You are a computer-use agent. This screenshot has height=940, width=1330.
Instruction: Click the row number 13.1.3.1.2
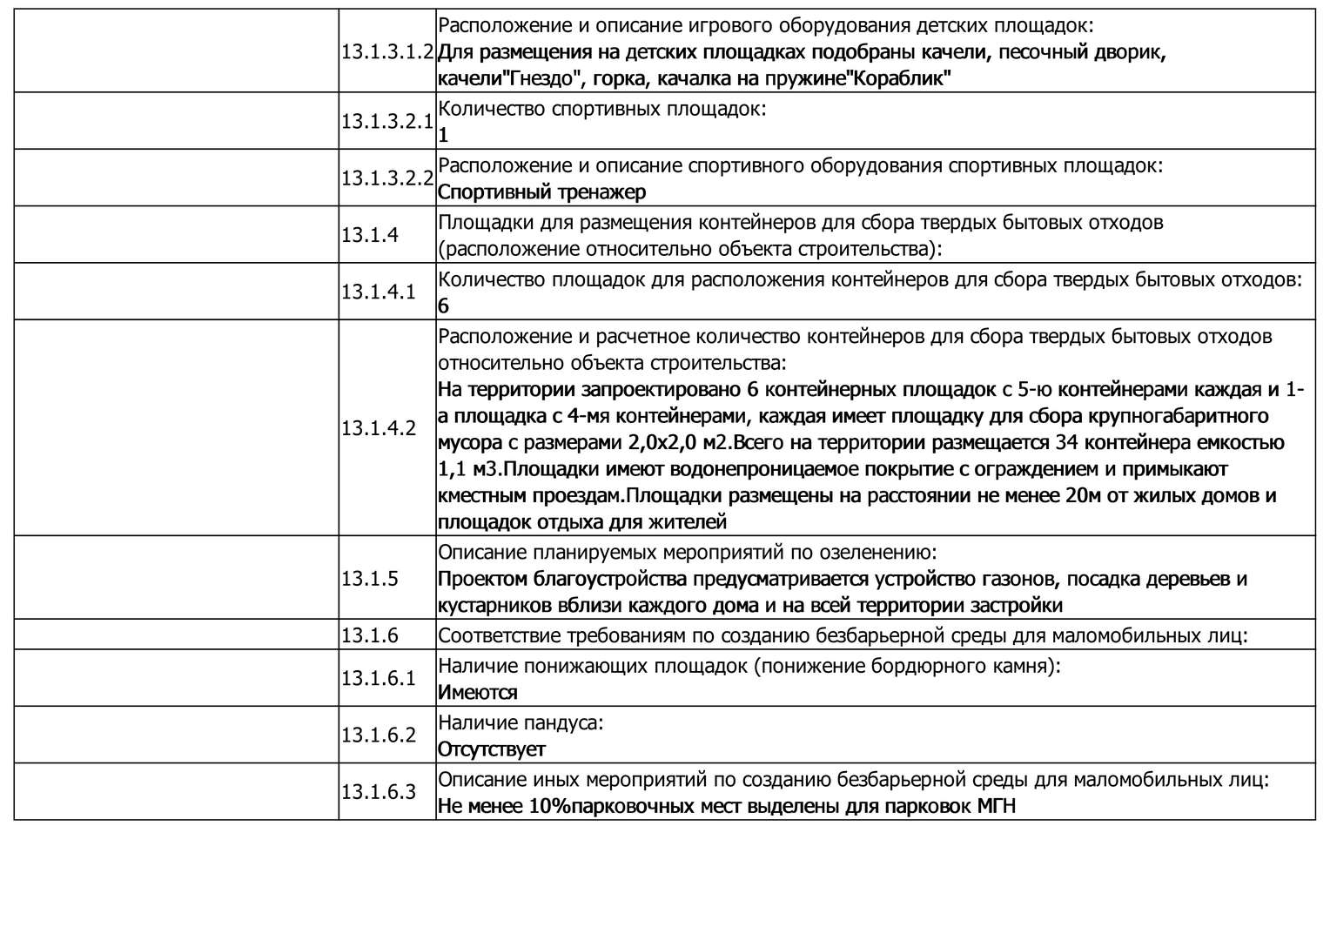pos(386,51)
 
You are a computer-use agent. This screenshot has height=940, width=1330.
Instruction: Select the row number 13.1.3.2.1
pos(386,121)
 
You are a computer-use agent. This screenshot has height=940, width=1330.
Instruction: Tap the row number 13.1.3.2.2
pos(386,178)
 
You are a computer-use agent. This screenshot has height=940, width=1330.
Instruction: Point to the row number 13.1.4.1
pos(379,291)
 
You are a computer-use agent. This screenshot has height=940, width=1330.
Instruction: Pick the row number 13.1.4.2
pos(379,427)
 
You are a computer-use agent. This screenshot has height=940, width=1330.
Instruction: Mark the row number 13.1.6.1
pos(379,677)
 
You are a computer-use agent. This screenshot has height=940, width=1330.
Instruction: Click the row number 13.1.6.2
pos(379,735)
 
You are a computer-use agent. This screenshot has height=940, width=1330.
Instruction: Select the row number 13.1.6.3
pos(379,792)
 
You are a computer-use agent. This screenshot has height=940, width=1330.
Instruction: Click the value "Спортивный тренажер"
pos(541,191)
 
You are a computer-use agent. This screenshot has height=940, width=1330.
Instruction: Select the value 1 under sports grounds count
pos(443,135)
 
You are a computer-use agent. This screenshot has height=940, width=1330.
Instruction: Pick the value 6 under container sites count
pos(443,305)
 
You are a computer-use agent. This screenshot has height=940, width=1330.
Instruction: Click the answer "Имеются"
pos(477,693)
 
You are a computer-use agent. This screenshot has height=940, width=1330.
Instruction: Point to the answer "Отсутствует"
pos(491,749)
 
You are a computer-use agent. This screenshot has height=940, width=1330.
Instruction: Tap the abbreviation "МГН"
pos(996,806)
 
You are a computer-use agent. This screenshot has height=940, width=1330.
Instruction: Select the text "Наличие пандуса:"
pos(521,722)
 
